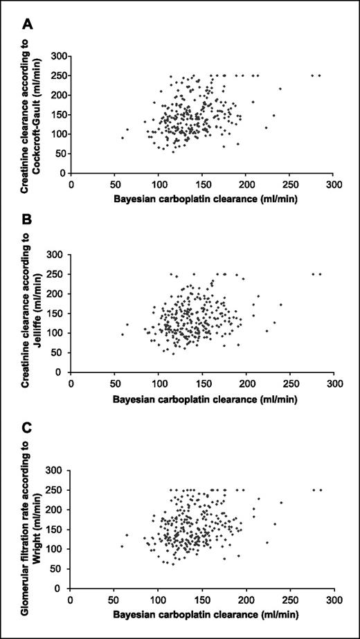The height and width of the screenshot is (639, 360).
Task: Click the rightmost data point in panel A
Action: coord(320,75)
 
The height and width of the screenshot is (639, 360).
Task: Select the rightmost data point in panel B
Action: coord(320,274)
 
